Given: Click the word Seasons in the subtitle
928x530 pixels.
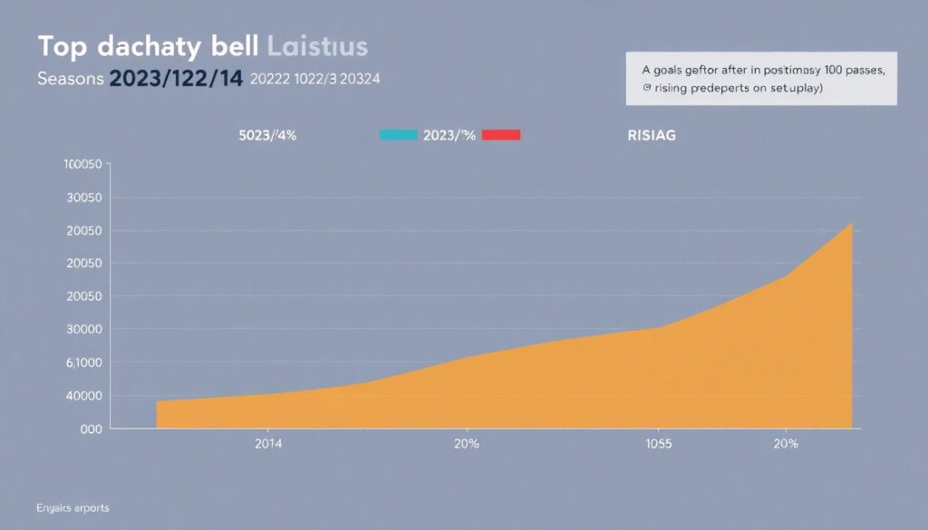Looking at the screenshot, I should pos(70,79).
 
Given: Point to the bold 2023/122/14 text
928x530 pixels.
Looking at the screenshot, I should pos(175,79).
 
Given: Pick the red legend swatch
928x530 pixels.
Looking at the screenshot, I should pos(501,135).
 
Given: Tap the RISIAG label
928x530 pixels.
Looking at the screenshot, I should pos(651,136).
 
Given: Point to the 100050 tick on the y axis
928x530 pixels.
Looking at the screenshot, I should pos(82,165).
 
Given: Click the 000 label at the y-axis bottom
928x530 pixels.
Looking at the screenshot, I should pos(90,429).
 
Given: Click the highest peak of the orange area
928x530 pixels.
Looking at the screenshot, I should pos(851,224).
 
